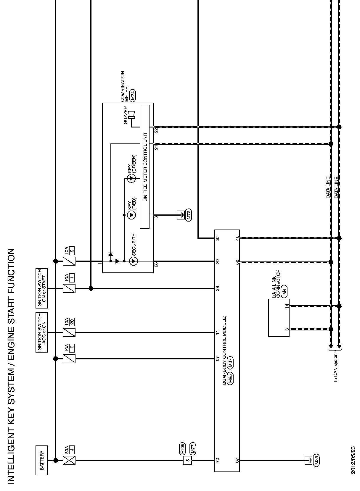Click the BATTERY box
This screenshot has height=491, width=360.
pyautogui.click(x=42, y=460)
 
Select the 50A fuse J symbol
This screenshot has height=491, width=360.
pyautogui.click(x=69, y=460)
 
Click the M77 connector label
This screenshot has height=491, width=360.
pyautogui.click(x=193, y=448)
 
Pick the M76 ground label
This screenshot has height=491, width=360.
pyautogui.click(x=189, y=215)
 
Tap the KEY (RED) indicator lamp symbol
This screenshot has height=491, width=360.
pyautogui.click(x=131, y=215)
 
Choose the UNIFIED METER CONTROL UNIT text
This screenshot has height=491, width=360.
pyautogui.click(x=145, y=167)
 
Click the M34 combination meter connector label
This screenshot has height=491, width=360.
pyautogui.click(x=133, y=96)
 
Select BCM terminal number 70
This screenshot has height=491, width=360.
pyautogui.click(x=218, y=460)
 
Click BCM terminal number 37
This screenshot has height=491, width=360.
pyautogui.click(x=218, y=238)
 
